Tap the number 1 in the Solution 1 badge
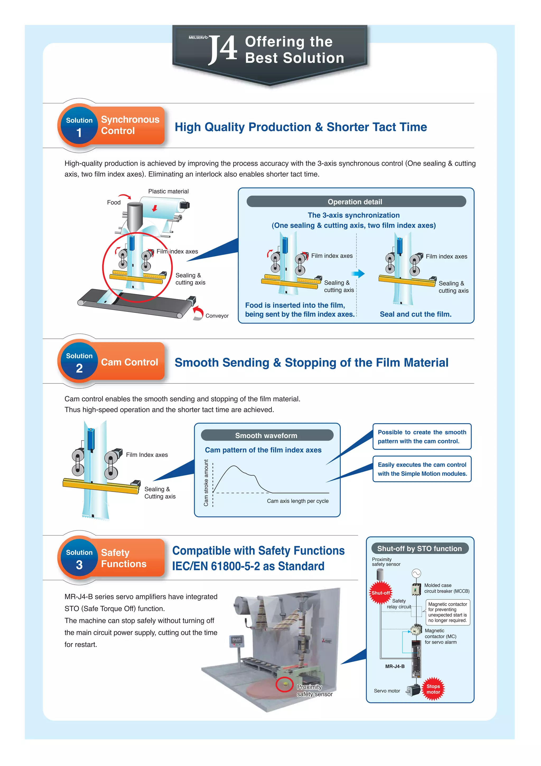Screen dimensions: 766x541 (79, 133)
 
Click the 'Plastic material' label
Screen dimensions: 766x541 (168, 191)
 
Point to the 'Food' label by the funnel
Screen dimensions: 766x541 (114, 203)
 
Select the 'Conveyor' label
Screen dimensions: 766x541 (217, 316)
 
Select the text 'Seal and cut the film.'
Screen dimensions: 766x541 (415, 314)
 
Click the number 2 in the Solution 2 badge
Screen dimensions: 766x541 (79, 369)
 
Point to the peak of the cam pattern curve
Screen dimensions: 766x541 (234, 466)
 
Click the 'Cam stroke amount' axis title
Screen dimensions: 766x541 (206, 483)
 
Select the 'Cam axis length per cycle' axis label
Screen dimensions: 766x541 (297, 501)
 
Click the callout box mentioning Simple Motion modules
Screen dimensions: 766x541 (422, 469)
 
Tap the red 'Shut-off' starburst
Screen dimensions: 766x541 (380, 593)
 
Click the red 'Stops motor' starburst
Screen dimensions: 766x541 (433, 689)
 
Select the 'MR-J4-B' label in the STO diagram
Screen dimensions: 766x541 (395, 666)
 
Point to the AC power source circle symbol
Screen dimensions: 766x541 (416, 574)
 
